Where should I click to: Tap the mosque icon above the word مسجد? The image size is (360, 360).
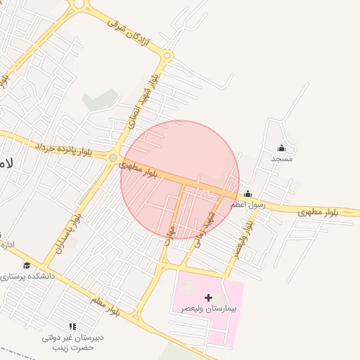coord(281,148)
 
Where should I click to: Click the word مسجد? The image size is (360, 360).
coord(281,159)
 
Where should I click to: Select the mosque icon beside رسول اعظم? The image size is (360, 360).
coord(247,194)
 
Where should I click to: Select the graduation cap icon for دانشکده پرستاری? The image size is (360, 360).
coord(27,265)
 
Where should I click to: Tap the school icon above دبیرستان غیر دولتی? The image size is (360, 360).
coord(72,326)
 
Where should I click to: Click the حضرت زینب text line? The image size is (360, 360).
coord(72,347)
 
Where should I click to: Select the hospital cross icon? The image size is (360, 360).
coord(208,297)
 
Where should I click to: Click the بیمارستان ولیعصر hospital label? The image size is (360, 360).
coord(209,309)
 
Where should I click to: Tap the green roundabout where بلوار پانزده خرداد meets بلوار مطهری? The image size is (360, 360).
coord(112,157)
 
